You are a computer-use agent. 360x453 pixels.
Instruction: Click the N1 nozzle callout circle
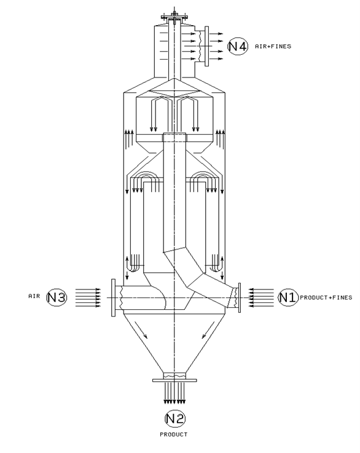(288, 297)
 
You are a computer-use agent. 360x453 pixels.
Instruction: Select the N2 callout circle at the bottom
(175, 419)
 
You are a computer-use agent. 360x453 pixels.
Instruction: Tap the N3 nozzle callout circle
(57, 297)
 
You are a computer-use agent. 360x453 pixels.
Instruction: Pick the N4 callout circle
(238, 46)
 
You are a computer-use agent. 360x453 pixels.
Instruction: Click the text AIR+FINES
(273, 46)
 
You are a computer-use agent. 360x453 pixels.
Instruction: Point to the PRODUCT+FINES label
(326, 297)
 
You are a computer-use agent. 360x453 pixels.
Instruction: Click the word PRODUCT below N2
(174, 434)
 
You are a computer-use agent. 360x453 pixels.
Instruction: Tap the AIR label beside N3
(34, 296)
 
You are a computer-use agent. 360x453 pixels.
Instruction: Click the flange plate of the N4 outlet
(206, 46)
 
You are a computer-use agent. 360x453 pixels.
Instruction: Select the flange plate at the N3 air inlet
(113, 297)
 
